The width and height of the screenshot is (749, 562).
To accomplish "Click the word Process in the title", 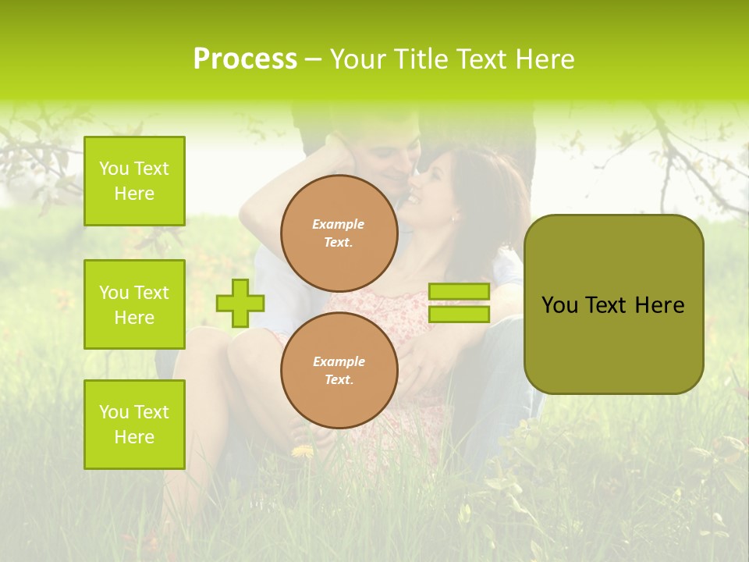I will pyautogui.click(x=245, y=59).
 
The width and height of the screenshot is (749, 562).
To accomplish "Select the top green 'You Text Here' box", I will pyautogui.click(x=134, y=181).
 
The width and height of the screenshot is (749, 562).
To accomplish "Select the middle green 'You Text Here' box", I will pyautogui.click(x=134, y=304).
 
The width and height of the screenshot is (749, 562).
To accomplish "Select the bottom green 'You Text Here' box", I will pyautogui.click(x=134, y=425).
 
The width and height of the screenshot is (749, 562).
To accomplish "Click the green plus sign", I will pyautogui.click(x=240, y=303).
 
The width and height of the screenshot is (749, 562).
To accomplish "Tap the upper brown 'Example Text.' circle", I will pyautogui.click(x=339, y=233).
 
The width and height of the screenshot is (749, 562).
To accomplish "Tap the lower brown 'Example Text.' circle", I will pyautogui.click(x=339, y=370).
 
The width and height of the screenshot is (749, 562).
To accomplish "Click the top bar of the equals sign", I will pyautogui.click(x=459, y=291).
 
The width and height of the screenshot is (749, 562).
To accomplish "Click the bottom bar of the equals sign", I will pyautogui.click(x=459, y=314).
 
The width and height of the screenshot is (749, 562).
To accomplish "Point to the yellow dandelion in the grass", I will pyautogui.click(x=303, y=451).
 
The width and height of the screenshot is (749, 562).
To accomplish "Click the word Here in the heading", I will pyautogui.click(x=545, y=59).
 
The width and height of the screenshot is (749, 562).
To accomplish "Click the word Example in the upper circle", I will pyautogui.click(x=339, y=224).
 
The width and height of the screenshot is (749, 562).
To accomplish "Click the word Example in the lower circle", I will pyautogui.click(x=339, y=361).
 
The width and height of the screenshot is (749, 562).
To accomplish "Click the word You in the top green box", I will pyautogui.click(x=114, y=169).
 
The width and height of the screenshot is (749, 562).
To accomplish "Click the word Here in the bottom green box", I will pyautogui.click(x=134, y=437).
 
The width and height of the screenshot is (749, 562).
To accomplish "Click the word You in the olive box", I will pyautogui.click(x=559, y=305).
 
